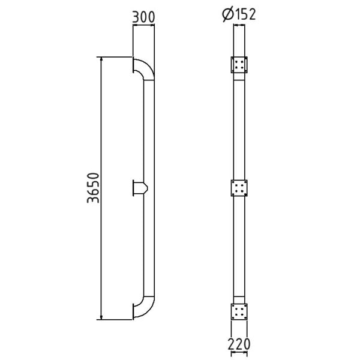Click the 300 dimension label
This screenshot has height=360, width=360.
(143, 17)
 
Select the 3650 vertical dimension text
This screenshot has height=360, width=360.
(94, 188)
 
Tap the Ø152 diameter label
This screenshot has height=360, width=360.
(239, 14)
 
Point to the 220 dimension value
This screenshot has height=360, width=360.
(239, 344)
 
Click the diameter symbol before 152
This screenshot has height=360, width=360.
(228, 14)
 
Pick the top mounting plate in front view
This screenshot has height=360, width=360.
(239, 65)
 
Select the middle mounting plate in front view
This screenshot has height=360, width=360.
(239, 188)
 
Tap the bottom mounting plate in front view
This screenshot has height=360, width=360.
(239, 311)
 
